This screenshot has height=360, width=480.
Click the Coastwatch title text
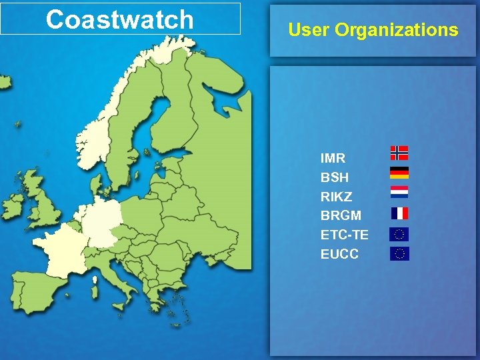(120, 19)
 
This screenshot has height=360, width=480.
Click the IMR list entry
(333, 159)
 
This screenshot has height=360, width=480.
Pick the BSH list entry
(335, 178)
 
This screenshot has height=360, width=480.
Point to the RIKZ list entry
(337, 197)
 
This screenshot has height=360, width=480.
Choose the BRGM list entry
(341, 216)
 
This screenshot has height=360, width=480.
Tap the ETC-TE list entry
(344, 235)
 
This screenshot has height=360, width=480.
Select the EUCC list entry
(339, 254)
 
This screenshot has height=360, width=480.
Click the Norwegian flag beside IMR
(399, 153)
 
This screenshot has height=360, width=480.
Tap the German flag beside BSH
(399, 173)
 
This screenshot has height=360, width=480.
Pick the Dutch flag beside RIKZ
(399, 193)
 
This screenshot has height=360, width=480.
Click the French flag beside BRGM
(399, 213)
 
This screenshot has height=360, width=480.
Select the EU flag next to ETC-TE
(399, 234)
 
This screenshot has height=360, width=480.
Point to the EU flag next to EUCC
(399, 253)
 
